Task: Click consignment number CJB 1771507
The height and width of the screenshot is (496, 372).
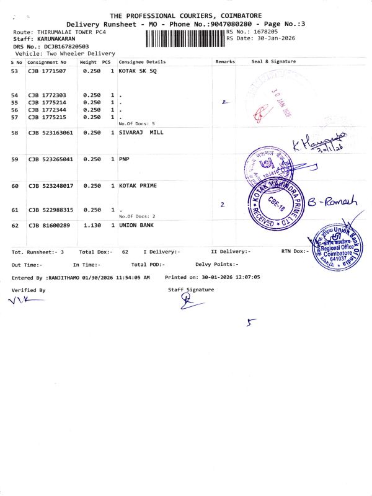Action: click(48, 73)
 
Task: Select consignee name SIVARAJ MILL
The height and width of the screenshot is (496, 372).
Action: click(141, 133)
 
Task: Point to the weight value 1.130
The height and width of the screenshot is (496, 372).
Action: click(92, 225)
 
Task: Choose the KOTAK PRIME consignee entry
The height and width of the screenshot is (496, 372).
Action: click(138, 186)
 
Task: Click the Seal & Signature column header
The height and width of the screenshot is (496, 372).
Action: click(273, 62)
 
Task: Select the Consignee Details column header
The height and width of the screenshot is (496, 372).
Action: click(142, 62)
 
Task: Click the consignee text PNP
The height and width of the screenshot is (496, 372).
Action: click(124, 159)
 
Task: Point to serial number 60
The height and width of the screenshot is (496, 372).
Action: click(15, 186)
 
